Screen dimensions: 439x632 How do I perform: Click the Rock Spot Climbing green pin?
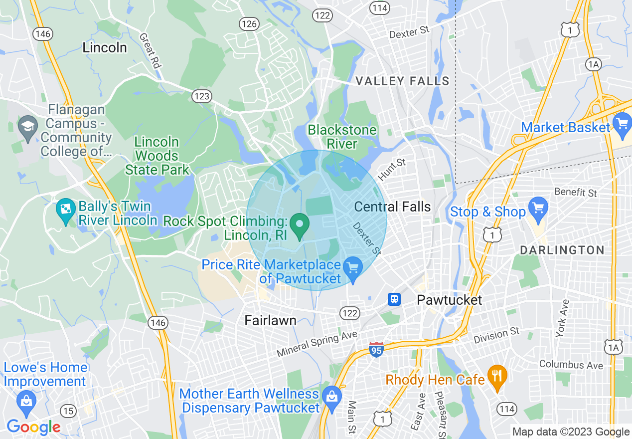click(x=300, y=225)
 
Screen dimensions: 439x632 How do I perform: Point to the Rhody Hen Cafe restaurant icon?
click(x=496, y=374)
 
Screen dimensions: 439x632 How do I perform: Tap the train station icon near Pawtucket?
click(x=394, y=299)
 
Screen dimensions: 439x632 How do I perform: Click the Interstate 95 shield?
click(x=376, y=349)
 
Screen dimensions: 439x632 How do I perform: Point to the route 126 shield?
click(x=248, y=23)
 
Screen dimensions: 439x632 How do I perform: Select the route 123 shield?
click(x=202, y=96)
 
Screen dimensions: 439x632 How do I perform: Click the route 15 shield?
click(x=68, y=411)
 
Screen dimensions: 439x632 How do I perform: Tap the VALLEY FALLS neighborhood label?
click(x=402, y=81)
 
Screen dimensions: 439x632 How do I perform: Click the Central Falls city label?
click(x=392, y=207)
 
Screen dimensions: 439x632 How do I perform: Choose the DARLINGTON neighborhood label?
click(x=562, y=250)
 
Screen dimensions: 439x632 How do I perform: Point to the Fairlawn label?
click(x=271, y=320)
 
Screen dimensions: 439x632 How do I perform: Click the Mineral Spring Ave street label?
click(x=317, y=344)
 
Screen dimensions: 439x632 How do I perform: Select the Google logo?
click(x=33, y=427)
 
